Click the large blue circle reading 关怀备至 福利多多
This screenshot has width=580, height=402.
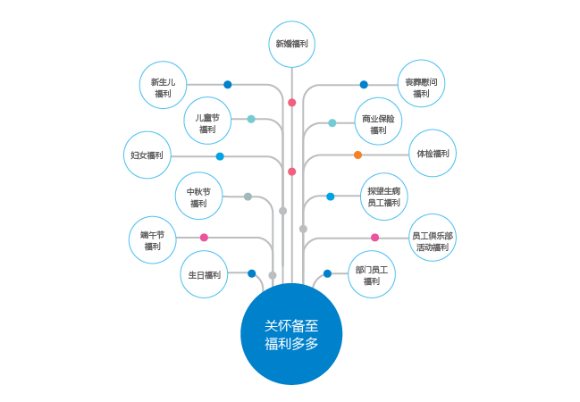(291, 333)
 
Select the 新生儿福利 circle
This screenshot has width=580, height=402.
(163, 87)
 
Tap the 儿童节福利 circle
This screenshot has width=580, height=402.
(208, 121)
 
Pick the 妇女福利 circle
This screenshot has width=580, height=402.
(147, 155)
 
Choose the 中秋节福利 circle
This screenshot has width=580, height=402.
(198, 197)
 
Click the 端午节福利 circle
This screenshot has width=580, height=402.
(152, 239)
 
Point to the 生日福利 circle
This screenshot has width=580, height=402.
(205, 275)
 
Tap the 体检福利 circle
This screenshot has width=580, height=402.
(433, 154)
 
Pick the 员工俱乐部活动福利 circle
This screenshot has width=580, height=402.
(433, 239)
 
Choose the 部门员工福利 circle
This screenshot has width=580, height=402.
(372, 275)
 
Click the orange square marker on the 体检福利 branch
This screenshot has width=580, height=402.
(357, 155)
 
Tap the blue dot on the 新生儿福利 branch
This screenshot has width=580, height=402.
(228, 85)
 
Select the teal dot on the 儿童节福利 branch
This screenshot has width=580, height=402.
(251, 119)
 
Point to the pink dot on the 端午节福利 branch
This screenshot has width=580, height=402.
(205, 238)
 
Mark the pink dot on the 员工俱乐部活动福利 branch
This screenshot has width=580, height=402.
(374, 238)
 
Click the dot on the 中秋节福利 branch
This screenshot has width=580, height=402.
(248, 197)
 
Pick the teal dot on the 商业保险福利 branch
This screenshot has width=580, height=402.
(332, 122)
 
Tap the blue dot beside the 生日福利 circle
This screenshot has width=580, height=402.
(252, 273)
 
